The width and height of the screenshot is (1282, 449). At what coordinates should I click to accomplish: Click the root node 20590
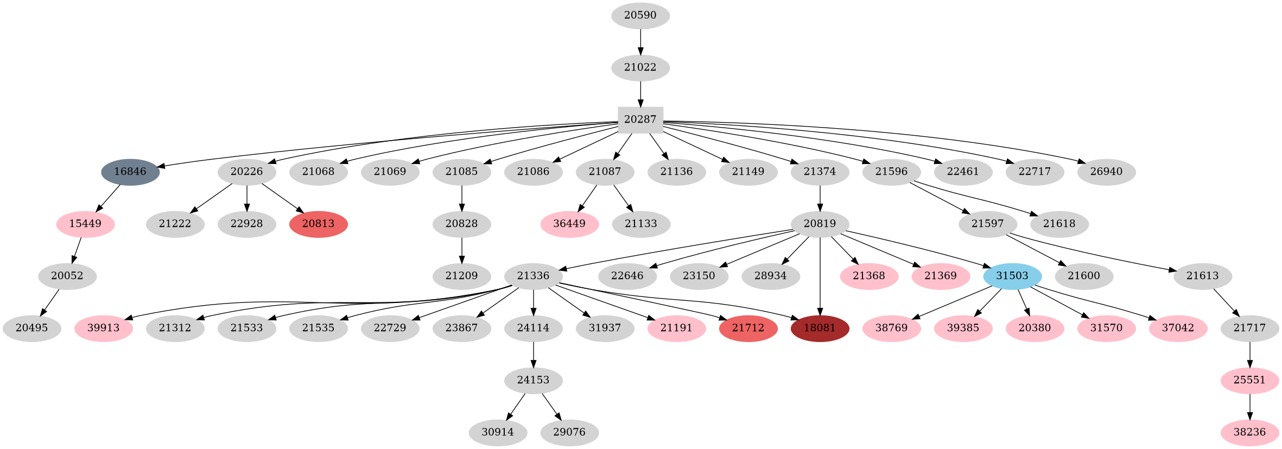[640, 15]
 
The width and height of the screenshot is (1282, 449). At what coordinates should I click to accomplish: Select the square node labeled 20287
[640, 119]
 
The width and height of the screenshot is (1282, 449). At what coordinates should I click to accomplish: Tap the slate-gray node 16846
[130, 172]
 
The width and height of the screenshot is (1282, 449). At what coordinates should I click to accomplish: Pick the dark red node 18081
[820, 328]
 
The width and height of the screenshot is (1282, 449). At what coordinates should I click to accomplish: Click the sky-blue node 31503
[1012, 276]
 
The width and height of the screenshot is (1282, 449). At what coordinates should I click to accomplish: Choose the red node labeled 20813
[318, 224]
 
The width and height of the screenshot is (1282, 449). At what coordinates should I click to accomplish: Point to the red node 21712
[748, 328]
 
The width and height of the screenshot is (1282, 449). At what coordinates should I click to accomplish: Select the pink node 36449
[569, 224]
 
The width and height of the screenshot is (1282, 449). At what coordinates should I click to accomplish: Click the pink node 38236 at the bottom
[1249, 432]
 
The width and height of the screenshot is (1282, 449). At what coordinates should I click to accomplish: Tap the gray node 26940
[1106, 172]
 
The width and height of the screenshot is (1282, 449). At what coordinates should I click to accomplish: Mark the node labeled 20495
[31, 328]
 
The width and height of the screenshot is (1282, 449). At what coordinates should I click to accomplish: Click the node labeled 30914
[498, 432]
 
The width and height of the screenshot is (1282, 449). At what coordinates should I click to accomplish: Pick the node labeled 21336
[533, 276]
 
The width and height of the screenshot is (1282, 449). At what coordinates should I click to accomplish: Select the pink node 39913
[103, 328]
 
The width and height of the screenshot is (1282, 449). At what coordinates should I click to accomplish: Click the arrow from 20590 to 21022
[640, 41]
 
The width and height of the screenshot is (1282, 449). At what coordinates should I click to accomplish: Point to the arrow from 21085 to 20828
[461, 198]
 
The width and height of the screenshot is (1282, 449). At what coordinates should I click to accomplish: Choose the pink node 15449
[85, 224]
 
